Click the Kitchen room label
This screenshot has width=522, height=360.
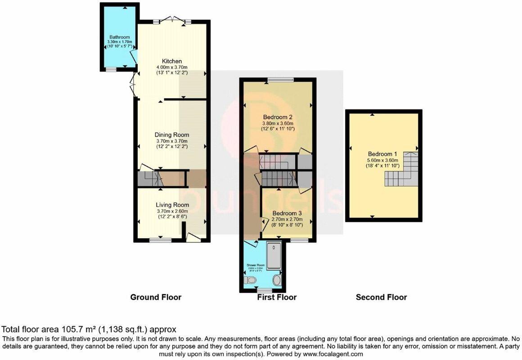[172, 61]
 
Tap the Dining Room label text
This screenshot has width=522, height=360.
[172, 135]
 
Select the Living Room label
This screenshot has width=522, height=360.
[172, 205]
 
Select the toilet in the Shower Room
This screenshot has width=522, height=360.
[250, 281]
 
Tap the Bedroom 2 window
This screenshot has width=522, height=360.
[280, 80]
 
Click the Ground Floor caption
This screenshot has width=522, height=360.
[156, 297]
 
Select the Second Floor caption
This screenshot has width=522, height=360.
[381, 297]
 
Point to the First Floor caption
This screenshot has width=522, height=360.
[277, 297]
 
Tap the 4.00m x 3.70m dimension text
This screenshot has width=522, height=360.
[172, 67]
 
